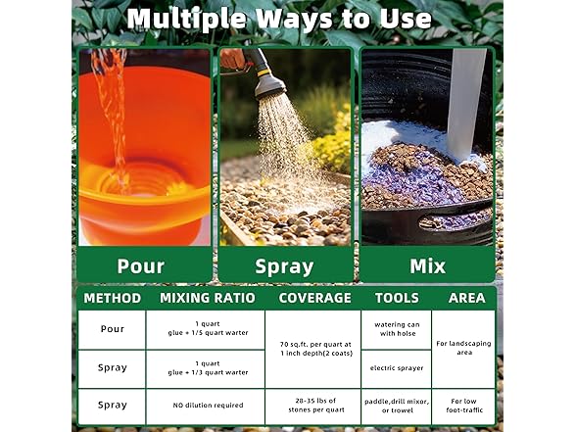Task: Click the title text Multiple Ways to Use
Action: point(278,19)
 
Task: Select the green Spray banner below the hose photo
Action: point(284,265)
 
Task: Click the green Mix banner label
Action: point(427,265)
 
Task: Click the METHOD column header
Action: point(112,298)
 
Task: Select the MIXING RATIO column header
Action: point(207,298)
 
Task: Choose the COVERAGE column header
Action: point(313,298)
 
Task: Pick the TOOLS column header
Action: point(396,298)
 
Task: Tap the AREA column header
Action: point(466,298)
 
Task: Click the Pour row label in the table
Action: point(112,329)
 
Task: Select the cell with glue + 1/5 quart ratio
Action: point(206,329)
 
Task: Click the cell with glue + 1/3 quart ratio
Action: point(206,368)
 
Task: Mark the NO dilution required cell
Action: point(206,405)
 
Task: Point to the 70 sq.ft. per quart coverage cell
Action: point(313,349)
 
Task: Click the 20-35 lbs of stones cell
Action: point(313,406)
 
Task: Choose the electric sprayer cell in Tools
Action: point(396,368)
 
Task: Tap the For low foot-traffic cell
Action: point(463,406)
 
